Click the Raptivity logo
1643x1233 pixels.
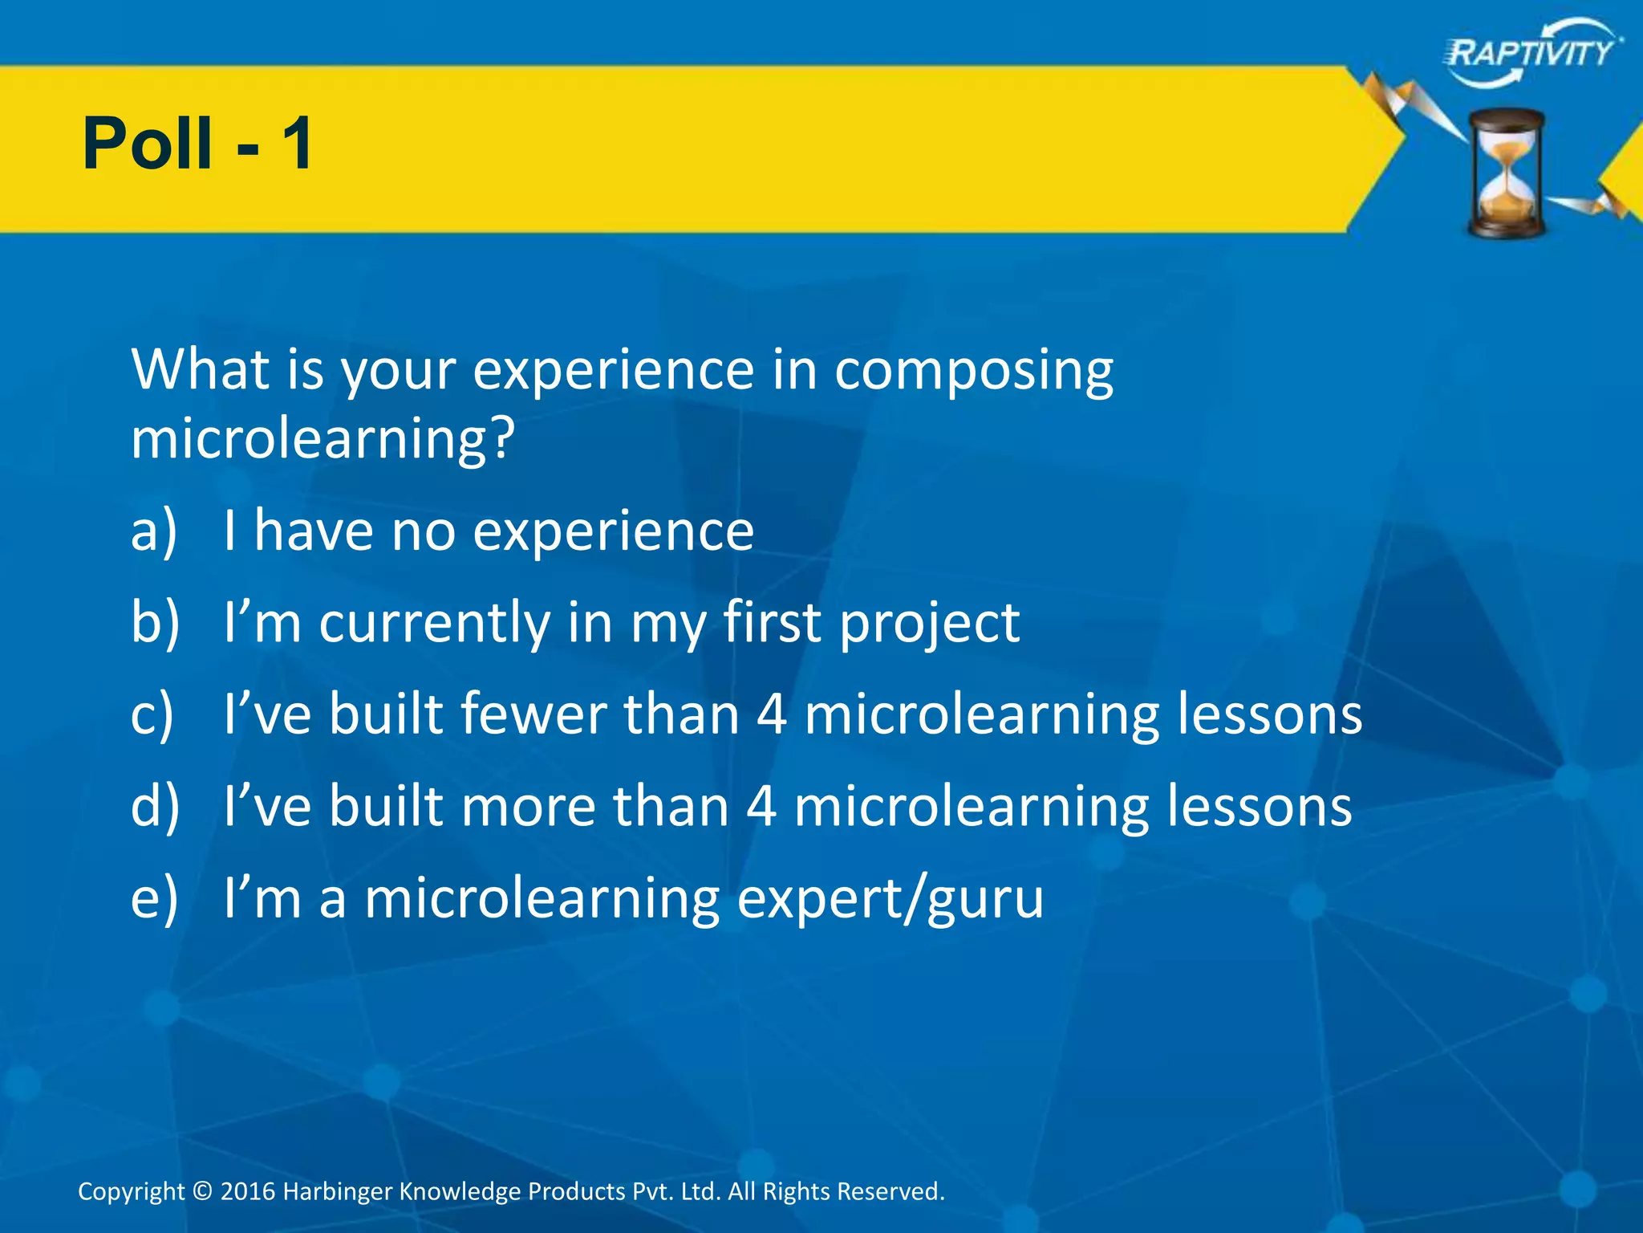click(x=1531, y=53)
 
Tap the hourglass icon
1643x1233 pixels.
click(x=1506, y=173)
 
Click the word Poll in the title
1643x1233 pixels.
click(x=148, y=144)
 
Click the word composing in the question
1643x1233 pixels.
click(x=973, y=372)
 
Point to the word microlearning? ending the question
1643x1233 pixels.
click(x=322, y=440)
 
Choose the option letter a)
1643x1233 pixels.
click(x=154, y=531)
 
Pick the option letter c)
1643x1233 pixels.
click(x=152, y=714)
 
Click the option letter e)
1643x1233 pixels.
click(x=154, y=898)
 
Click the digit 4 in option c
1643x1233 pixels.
click(x=771, y=714)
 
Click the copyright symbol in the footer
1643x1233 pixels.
click(x=202, y=1190)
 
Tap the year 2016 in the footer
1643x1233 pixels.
click(x=248, y=1190)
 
